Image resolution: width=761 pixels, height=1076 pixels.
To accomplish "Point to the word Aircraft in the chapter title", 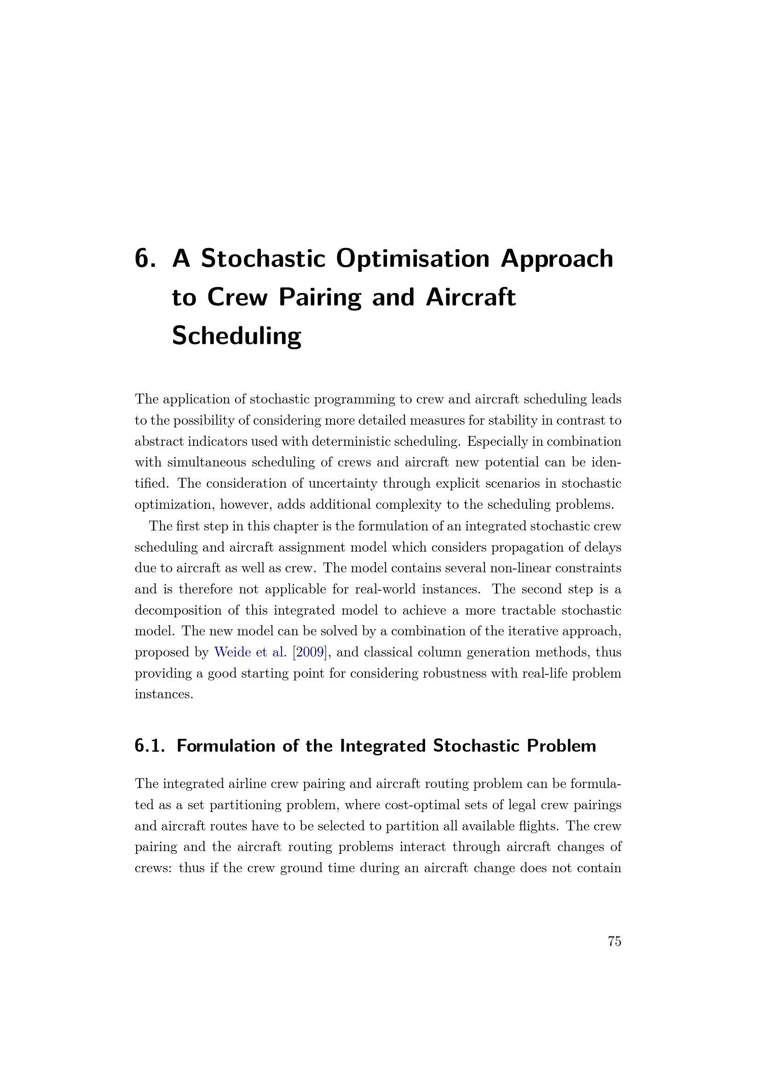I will [x=471, y=298].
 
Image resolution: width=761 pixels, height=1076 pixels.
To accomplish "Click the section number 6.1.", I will [x=150, y=746].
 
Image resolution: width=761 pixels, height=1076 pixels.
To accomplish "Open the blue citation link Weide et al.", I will [x=250, y=652].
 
